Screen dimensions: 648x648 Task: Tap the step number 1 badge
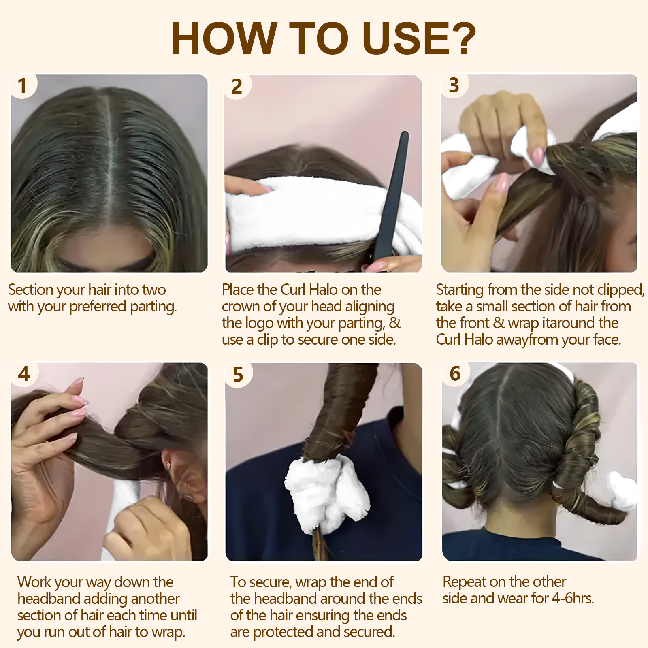(22, 85)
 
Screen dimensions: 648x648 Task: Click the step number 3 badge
(454, 85)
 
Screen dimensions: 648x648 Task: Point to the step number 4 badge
(24, 374)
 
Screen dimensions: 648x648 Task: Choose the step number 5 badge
(238, 375)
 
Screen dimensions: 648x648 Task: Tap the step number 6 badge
(455, 373)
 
